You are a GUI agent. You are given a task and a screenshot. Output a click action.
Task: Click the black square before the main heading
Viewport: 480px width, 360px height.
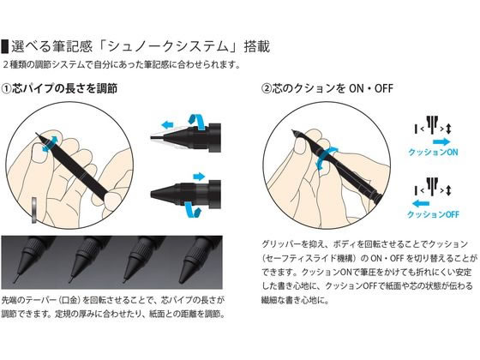click(4, 46)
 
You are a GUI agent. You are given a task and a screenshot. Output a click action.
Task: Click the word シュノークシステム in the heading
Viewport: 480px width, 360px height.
click(168, 46)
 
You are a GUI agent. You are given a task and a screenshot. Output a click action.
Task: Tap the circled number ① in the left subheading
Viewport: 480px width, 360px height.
click(6, 89)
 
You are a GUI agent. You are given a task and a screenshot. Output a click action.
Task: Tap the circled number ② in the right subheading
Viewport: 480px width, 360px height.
click(267, 89)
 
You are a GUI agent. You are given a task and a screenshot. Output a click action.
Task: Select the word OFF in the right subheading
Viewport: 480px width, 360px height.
click(384, 89)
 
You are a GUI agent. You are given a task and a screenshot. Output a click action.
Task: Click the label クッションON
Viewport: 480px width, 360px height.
click(433, 153)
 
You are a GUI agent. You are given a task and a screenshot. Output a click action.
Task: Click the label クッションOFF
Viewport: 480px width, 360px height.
click(433, 214)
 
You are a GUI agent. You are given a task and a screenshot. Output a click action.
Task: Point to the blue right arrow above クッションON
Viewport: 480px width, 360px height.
click(441, 141)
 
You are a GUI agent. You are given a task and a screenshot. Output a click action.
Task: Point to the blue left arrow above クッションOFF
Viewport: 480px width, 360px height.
click(421, 203)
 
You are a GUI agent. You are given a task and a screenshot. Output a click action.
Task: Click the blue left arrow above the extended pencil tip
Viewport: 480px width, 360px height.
click(167, 125)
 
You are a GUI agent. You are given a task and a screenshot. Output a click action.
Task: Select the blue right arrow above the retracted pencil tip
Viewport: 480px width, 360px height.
click(199, 177)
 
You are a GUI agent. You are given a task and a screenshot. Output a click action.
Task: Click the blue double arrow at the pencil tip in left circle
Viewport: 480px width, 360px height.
click(50, 144)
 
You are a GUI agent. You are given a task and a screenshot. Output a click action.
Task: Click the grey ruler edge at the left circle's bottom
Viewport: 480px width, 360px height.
click(34, 211)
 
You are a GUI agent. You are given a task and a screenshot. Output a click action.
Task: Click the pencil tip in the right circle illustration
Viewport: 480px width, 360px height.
click(293, 132)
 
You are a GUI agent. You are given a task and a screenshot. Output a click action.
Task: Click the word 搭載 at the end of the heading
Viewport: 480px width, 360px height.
click(257, 46)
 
